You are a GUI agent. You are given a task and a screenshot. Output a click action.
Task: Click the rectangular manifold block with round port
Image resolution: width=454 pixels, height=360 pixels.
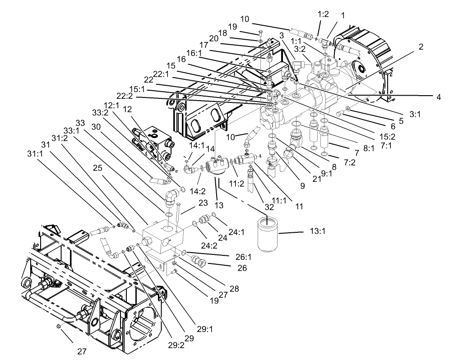164,235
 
